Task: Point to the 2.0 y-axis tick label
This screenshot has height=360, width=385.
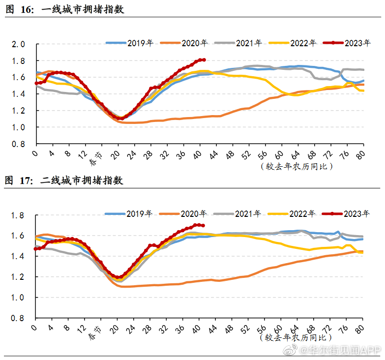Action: coord(19,44)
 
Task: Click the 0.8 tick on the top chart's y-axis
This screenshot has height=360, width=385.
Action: coord(19,144)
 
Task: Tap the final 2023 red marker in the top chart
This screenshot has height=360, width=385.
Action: coord(204,60)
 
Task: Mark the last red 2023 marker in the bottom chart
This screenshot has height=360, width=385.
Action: coord(203,226)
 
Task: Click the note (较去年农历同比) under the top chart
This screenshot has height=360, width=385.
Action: coord(297,166)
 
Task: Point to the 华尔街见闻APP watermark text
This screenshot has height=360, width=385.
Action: coord(344,350)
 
